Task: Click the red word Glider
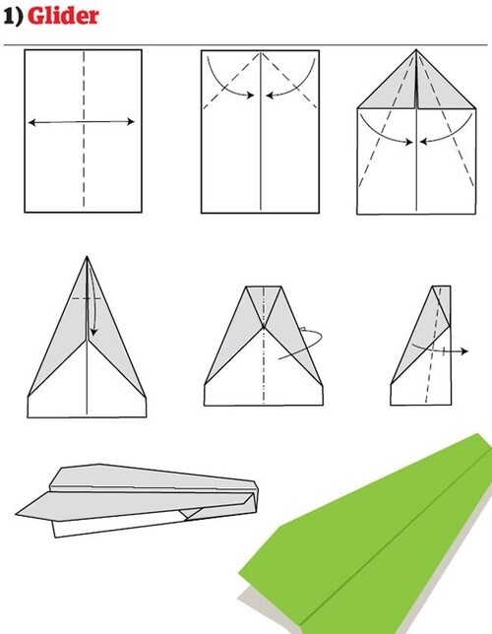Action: [x=63, y=16]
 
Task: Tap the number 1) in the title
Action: [x=13, y=16]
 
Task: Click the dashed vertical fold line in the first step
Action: [x=84, y=129]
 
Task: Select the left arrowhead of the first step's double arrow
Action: [x=31, y=122]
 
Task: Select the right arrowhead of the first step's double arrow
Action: [x=131, y=121]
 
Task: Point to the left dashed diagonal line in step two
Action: [x=231, y=81]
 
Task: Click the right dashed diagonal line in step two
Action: [x=289, y=81]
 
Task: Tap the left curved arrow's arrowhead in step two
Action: [x=251, y=95]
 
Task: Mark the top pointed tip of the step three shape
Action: [x=416, y=50]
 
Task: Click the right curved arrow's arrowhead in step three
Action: [x=424, y=142]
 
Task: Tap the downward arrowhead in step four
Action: [x=93, y=332]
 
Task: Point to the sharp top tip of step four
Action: [x=87, y=256]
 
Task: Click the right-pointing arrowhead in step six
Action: [x=464, y=351]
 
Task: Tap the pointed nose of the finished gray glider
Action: [x=17, y=514]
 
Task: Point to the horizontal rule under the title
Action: [x=245, y=45]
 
